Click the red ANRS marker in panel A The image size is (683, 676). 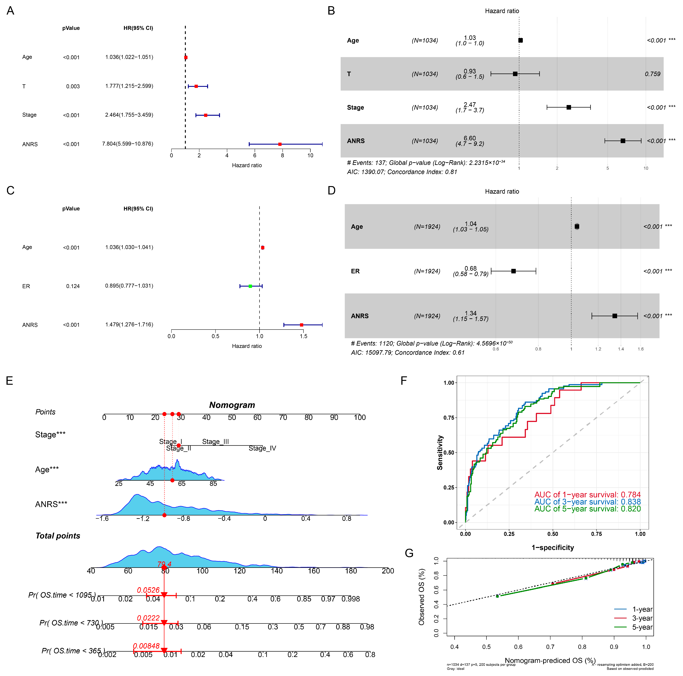(x=280, y=144)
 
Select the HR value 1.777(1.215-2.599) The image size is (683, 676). (x=129, y=86)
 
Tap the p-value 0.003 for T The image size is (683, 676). (x=73, y=86)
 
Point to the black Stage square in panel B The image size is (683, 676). (x=569, y=107)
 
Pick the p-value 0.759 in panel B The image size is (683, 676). (x=652, y=74)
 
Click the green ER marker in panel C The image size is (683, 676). (x=250, y=286)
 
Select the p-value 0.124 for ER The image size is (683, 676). (x=73, y=286)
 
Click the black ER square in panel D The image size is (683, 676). (x=513, y=271)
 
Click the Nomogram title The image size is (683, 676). (x=232, y=405)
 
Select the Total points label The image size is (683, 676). (x=58, y=536)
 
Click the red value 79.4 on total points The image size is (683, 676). (x=164, y=564)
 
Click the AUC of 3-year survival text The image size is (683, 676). (x=587, y=502)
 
